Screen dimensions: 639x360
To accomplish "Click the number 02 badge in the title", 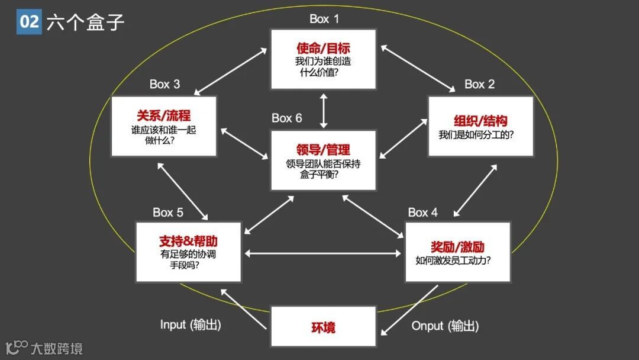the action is (29, 22).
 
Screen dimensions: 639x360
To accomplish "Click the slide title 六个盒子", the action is (86, 22).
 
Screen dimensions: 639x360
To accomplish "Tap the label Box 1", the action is (324, 19).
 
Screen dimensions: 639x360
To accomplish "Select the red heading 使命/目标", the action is (323, 48).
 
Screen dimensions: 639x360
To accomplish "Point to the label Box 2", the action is (479, 84).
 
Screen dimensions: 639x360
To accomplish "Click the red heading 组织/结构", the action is (480, 121).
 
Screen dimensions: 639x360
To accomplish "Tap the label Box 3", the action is (164, 84).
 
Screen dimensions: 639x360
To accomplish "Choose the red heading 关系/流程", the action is (164, 115).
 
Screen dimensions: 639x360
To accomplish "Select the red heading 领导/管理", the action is (323, 150).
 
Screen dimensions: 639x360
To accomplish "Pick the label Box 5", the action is (168, 212).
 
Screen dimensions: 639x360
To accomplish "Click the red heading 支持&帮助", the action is (188, 241).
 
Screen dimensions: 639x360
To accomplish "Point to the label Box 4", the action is (423, 212).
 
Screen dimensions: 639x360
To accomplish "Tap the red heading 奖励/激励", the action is (458, 246).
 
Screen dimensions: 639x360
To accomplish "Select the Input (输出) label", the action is (191, 325).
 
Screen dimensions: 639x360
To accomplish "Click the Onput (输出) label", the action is (445, 326).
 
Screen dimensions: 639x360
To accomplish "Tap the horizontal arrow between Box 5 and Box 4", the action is (323, 253).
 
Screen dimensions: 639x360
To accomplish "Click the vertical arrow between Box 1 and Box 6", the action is (323, 110).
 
